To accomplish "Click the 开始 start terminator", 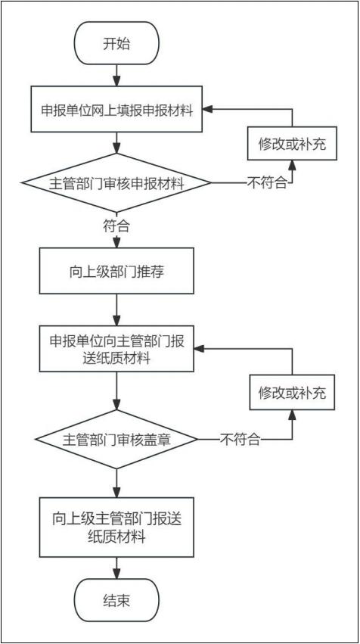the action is tap(116, 43).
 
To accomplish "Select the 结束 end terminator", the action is tap(116, 600).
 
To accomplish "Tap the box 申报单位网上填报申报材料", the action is tap(116, 109).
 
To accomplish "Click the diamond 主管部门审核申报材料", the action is tap(116, 182).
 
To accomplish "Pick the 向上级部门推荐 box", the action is tap(116, 271).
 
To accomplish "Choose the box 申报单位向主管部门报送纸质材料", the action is tap(116, 349).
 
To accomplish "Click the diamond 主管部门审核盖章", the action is tap(116, 439).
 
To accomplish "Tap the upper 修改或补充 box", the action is tap(292, 143).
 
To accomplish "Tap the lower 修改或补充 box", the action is tap(292, 393).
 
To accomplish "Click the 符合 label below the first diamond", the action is tap(117, 226).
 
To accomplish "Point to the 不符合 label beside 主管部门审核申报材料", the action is tap(267, 182).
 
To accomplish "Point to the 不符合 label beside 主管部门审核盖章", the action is tap(241, 440).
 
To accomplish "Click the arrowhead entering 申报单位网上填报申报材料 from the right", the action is tap(208, 109).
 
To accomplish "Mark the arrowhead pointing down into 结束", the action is tap(117, 574).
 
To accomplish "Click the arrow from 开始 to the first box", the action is tap(117, 76).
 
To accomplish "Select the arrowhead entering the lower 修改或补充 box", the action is tap(292, 415).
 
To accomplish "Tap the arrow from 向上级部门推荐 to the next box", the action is tap(117, 310).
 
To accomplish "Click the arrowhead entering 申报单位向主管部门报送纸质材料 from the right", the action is tap(199, 349).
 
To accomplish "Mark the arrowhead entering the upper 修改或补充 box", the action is tap(292, 165).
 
